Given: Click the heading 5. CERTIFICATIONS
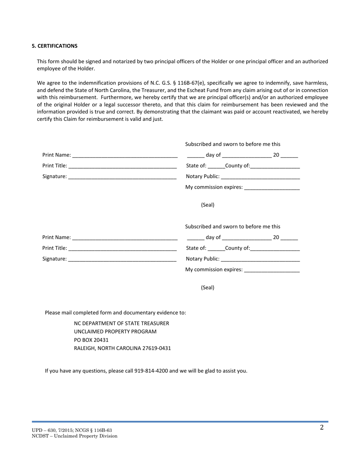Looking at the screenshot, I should point(55,46).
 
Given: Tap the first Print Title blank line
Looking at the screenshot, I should point(122,166).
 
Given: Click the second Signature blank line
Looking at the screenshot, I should point(122,259).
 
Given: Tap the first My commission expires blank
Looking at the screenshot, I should point(272,187).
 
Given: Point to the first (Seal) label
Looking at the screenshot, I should point(208,205).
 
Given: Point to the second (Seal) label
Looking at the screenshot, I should point(208,288).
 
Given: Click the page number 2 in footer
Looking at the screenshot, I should point(322,428).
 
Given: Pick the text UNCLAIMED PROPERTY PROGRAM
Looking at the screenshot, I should point(115,332).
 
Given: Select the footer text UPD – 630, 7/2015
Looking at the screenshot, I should point(53,430).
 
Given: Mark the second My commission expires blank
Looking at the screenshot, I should point(272,270).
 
